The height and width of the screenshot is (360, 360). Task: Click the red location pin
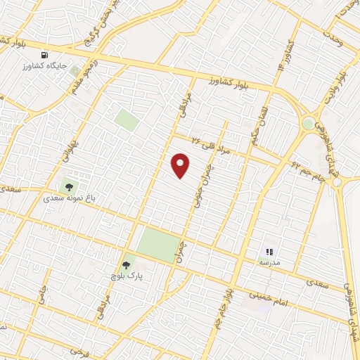(x=181, y=166)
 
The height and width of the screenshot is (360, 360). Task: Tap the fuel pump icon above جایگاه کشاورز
(x=46, y=54)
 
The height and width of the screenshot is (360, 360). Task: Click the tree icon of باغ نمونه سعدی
(x=69, y=186)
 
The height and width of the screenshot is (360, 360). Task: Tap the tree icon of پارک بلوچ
(x=126, y=265)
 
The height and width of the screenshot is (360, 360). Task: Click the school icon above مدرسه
(x=269, y=250)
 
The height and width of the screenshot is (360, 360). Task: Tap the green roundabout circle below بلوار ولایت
(x=307, y=124)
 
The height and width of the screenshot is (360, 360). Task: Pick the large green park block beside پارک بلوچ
(x=157, y=245)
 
